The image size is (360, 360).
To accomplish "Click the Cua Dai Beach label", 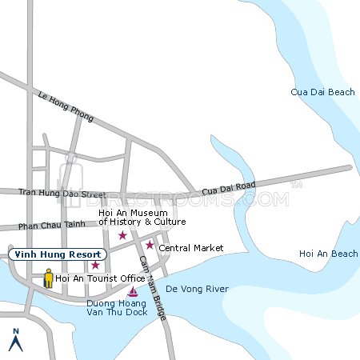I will point(322,93).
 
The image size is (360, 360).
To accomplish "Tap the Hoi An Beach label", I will point(328,254).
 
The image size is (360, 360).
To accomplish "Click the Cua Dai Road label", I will point(228,188).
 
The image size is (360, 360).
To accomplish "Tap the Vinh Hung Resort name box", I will point(54,254).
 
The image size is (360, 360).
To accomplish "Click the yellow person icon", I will point(49,278).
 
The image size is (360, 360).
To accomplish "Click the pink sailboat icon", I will point(133,292).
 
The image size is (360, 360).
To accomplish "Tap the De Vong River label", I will point(197,289).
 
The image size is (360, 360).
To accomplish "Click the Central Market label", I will point(190,248).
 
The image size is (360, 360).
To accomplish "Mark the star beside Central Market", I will point(150,245).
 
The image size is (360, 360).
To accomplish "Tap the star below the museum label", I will point(122,235).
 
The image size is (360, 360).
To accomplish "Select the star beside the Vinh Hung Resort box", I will point(95,265).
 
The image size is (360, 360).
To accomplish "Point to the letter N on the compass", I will point(14,330).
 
